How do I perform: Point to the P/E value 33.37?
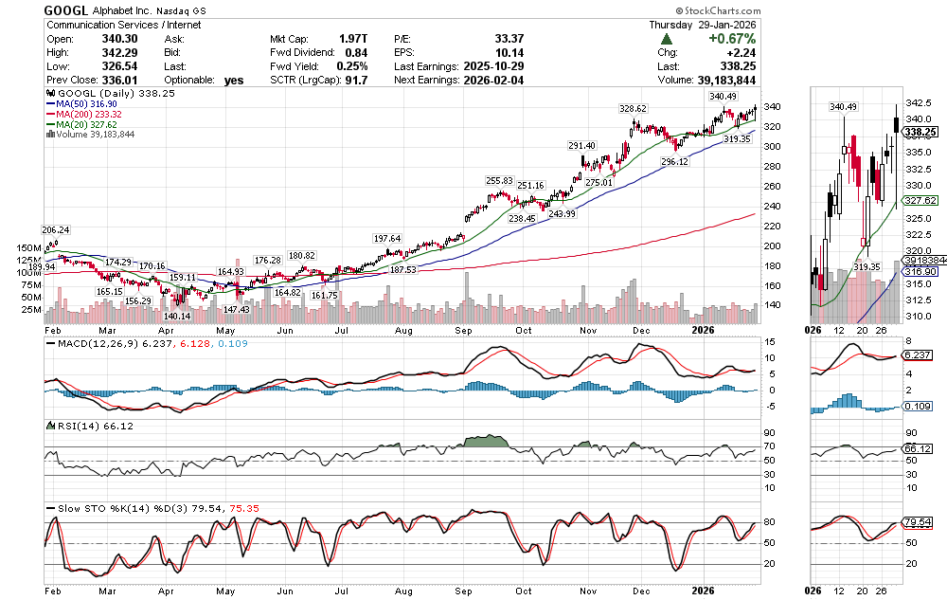[509, 39]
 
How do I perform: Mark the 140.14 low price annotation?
[177, 316]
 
